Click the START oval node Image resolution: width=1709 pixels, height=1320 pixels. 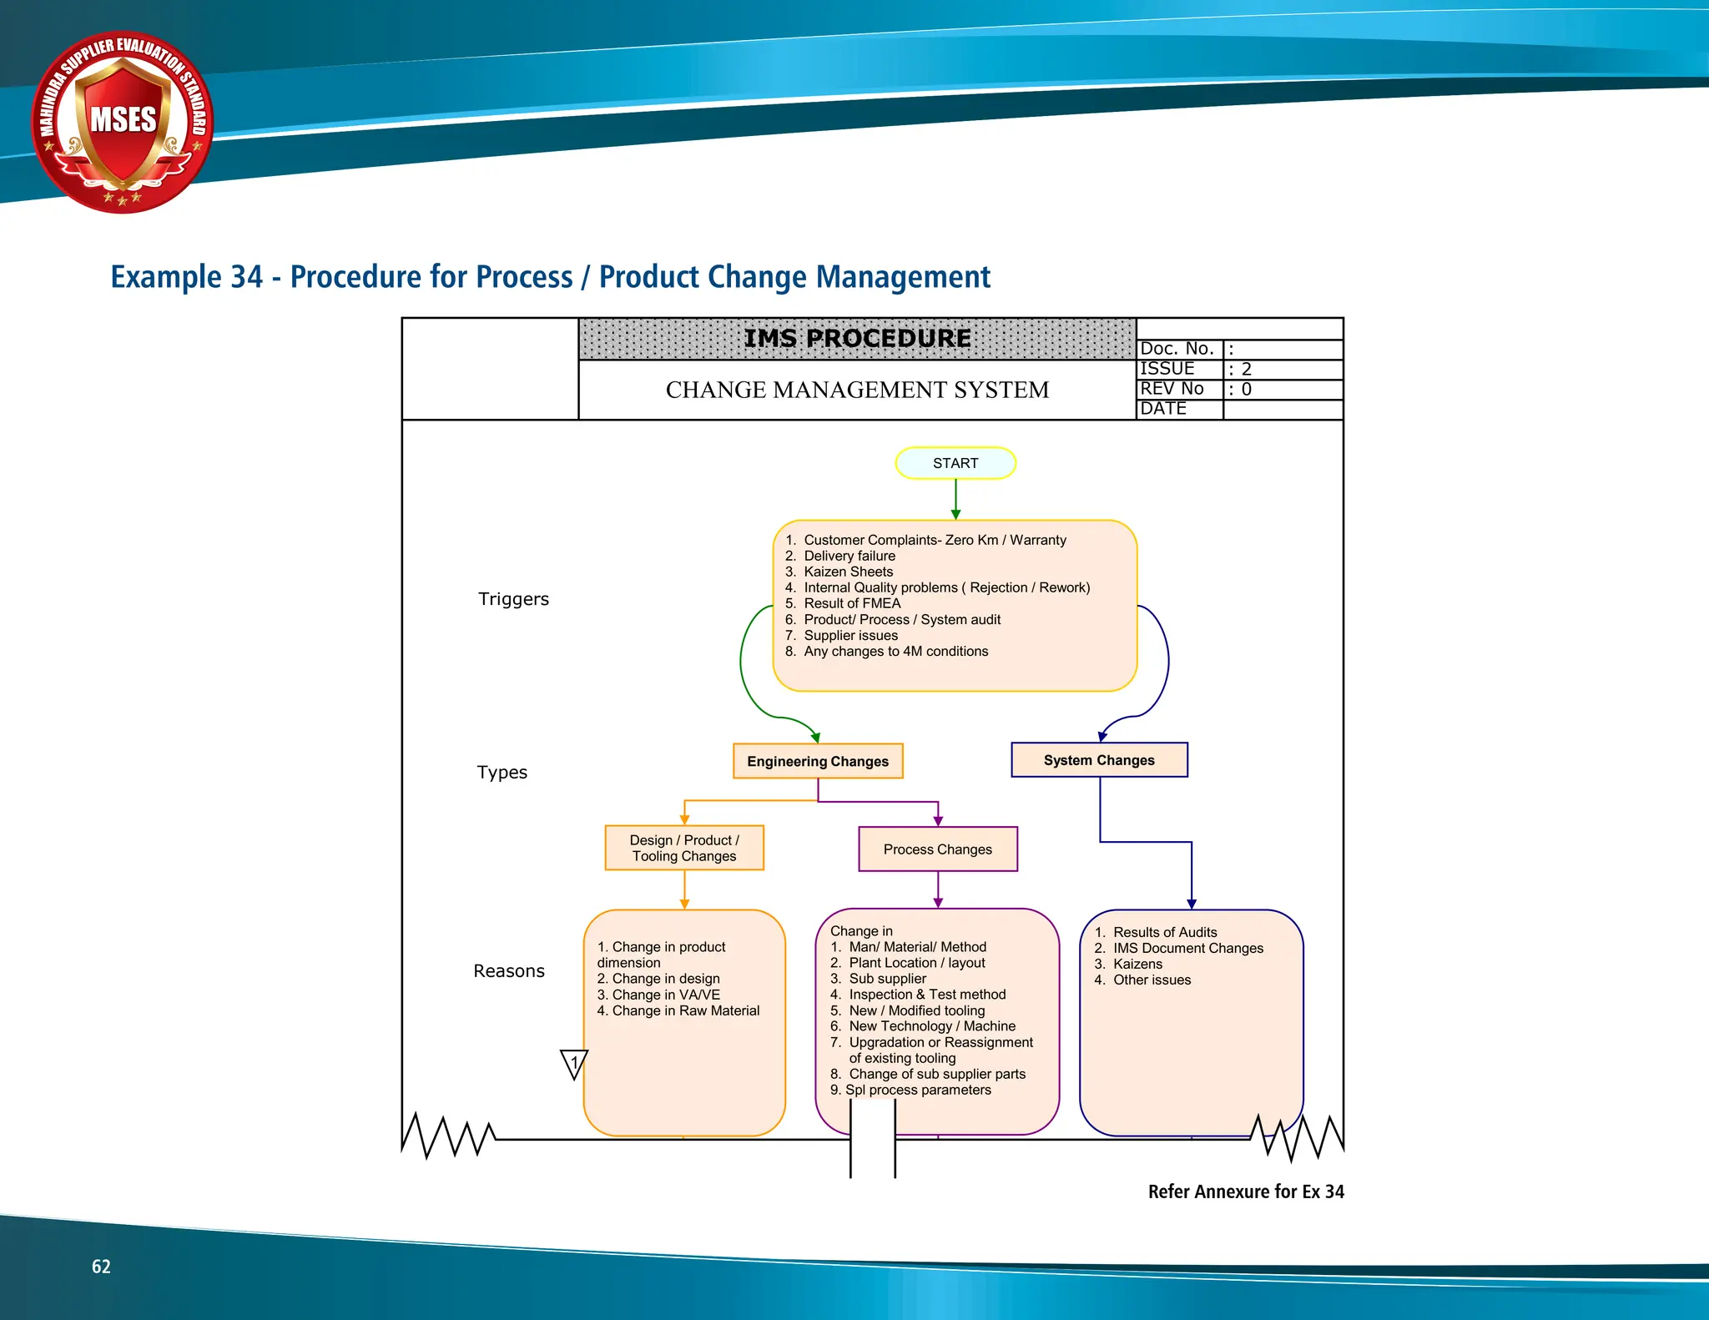click(955, 463)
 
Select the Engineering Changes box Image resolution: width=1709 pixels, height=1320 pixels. click(818, 761)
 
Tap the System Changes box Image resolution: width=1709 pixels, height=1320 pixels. click(1099, 760)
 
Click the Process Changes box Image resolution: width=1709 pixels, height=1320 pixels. click(938, 849)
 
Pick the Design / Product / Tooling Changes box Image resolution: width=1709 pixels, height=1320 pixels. click(684, 848)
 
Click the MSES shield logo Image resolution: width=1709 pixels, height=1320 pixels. click(124, 123)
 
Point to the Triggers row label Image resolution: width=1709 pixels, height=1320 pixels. click(513, 599)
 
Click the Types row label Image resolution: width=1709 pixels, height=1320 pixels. click(502, 773)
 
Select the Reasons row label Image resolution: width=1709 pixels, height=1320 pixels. click(508, 971)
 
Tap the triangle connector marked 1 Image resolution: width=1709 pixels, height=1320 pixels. click(574, 1063)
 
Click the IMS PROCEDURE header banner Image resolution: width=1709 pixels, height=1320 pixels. click(857, 339)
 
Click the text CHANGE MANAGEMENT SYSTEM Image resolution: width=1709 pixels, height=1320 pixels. click(857, 390)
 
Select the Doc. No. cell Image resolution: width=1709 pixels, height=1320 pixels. click(1177, 349)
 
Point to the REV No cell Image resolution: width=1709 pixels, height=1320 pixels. click(1172, 389)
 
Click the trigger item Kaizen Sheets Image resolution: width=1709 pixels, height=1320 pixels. click(848, 572)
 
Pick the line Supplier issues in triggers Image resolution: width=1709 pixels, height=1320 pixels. click(850, 635)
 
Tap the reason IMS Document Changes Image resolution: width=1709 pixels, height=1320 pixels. click(1187, 948)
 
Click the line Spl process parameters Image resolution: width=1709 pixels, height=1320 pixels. click(918, 1090)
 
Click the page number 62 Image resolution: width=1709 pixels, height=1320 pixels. click(101, 1267)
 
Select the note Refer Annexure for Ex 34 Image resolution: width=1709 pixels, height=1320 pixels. click(1245, 1192)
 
